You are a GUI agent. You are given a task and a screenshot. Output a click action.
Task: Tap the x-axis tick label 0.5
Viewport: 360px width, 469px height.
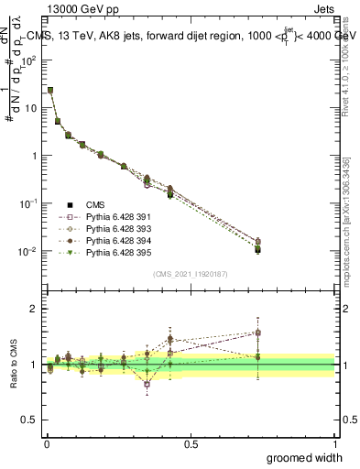pos(191,442)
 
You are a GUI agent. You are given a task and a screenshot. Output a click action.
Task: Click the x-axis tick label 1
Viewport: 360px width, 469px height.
pos(335,442)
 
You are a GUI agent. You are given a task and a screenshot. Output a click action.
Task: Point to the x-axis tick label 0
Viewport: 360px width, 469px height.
pos(47,442)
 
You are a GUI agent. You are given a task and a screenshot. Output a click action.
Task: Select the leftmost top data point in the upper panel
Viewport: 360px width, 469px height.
pos(50,90)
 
